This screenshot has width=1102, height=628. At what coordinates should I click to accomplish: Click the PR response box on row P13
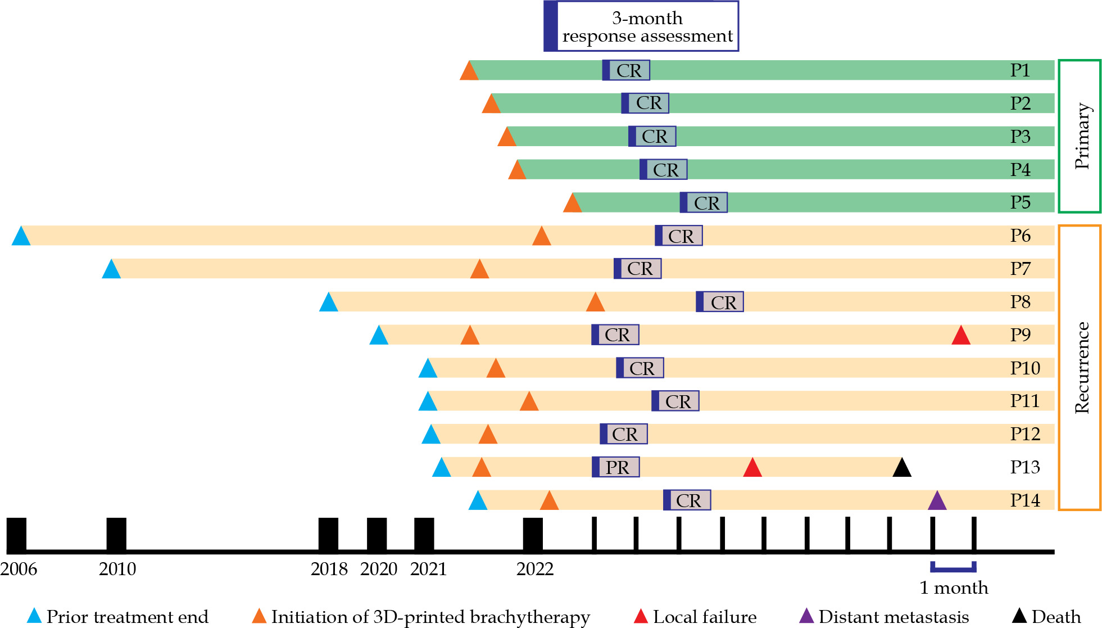tap(616, 467)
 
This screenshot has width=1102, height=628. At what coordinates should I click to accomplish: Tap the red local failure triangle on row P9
tap(961, 336)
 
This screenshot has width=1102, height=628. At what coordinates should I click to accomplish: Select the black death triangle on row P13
tap(901, 468)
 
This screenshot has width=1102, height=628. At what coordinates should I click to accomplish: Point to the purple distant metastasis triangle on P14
tap(937, 501)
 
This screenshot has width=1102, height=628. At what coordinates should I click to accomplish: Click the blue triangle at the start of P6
tap(21, 237)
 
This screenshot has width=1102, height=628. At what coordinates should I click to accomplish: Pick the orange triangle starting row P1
tap(469, 71)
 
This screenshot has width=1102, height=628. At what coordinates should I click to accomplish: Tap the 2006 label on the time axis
tap(19, 569)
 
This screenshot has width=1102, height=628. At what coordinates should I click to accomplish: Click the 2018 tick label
tap(329, 569)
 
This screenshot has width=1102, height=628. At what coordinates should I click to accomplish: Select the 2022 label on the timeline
tap(534, 569)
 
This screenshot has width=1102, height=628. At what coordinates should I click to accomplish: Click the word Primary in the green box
tap(1081, 136)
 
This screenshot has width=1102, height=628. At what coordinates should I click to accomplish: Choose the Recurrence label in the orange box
tap(1081, 368)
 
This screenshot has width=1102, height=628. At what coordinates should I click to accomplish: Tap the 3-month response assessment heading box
tap(641, 26)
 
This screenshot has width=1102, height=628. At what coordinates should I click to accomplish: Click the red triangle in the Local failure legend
tap(641, 616)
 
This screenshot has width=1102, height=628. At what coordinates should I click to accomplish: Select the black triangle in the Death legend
tap(1019, 616)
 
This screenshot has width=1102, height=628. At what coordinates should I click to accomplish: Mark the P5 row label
tap(1020, 202)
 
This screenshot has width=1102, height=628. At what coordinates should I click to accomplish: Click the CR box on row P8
tap(720, 302)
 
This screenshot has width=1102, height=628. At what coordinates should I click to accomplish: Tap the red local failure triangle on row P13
tap(752, 468)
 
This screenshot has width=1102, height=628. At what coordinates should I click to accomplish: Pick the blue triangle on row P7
tap(111, 269)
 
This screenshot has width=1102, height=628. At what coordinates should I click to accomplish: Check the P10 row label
tap(1025, 368)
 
